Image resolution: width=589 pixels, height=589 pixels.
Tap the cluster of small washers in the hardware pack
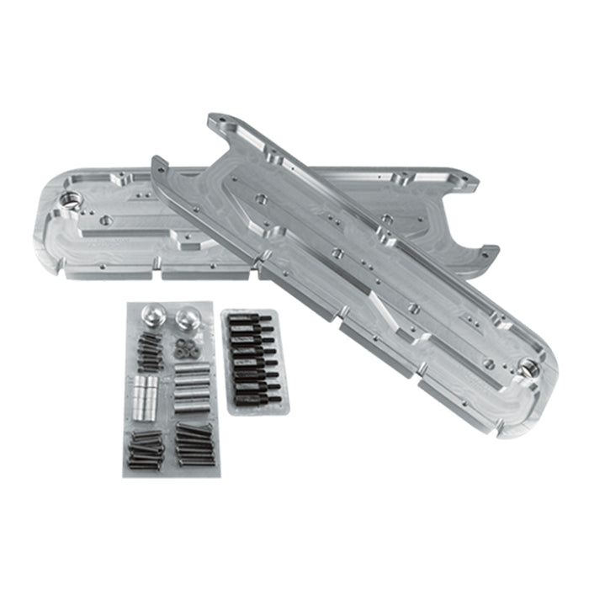(183, 346)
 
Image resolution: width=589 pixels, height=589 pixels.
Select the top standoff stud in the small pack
(251, 320)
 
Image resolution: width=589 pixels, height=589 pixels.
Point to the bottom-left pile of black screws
(145, 448)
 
